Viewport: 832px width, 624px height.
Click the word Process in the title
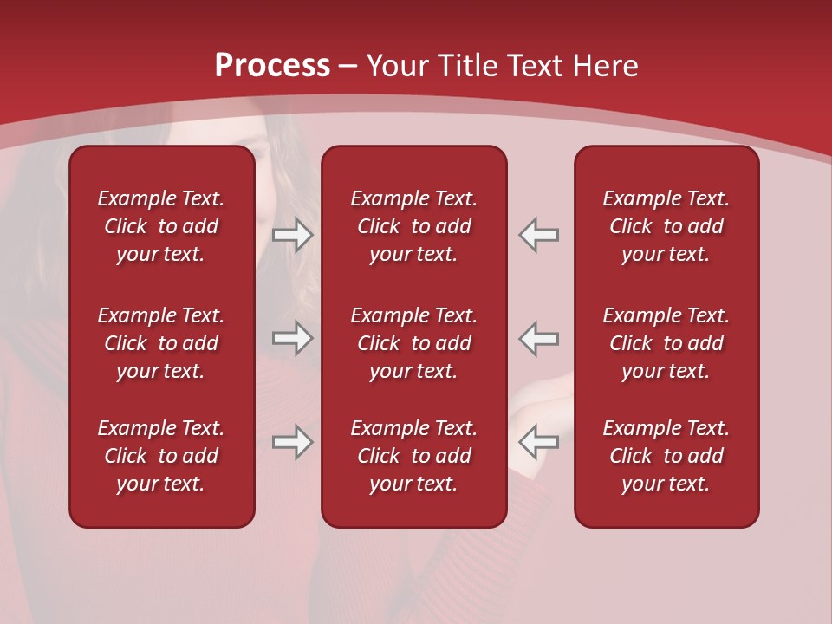[272, 66]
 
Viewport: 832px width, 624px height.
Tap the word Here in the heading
[604, 66]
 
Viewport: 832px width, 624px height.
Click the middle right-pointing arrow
[293, 339]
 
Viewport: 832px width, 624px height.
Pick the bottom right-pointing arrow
[293, 442]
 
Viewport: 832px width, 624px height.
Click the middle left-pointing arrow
[539, 339]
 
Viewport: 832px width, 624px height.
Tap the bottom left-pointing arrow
[539, 442]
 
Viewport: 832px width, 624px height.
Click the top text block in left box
[161, 226]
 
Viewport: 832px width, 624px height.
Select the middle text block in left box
[161, 343]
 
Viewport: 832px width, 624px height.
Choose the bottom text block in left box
[161, 456]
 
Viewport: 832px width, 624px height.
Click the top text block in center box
[414, 226]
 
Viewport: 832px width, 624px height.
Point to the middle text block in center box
[414, 343]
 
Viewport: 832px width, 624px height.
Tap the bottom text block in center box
[414, 456]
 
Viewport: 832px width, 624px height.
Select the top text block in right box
[666, 226]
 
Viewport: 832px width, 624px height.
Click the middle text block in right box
[666, 343]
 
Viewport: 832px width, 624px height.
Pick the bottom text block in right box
[666, 456]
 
